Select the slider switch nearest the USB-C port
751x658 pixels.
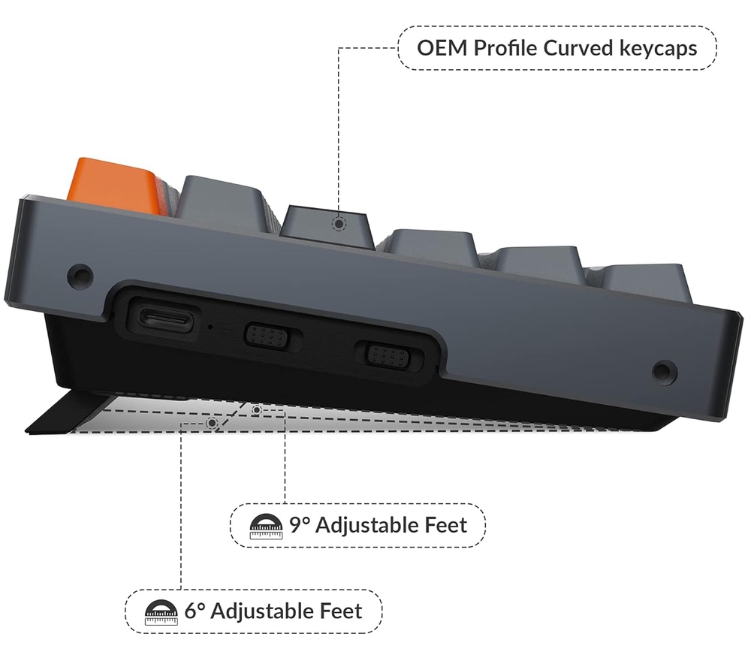[x=267, y=335]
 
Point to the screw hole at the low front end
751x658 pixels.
[x=662, y=371]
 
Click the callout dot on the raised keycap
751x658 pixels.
[x=340, y=223]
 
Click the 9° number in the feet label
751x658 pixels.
[x=300, y=524]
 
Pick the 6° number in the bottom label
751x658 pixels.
[x=195, y=611]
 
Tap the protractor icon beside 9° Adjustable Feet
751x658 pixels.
[x=267, y=527]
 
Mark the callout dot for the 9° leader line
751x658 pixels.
[x=257, y=410]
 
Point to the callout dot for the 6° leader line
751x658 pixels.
[x=213, y=424]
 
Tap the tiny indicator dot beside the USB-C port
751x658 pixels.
[x=209, y=327]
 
